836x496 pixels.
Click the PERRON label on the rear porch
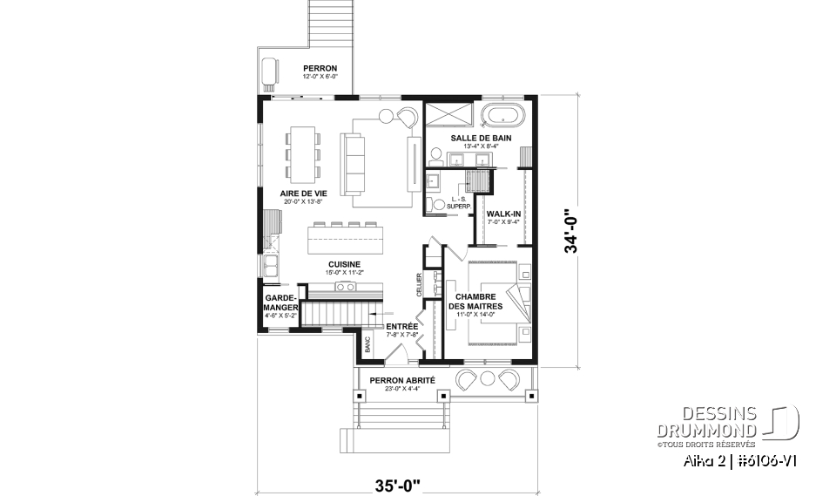(x=319, y=68)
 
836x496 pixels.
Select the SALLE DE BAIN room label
(x=481, y=138)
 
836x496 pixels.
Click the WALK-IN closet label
(x=503, y=213)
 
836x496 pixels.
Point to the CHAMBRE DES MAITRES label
(x=475, y=301)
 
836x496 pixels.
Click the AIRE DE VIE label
(x=303, y=193)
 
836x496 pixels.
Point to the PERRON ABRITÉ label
(x=401, y=380)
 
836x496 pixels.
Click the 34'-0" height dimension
(x=571, y=230)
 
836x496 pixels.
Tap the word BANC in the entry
(x=367, y=344)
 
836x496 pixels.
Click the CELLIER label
(x=419, y=284)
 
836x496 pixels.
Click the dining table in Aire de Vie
(x=303, y=155)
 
